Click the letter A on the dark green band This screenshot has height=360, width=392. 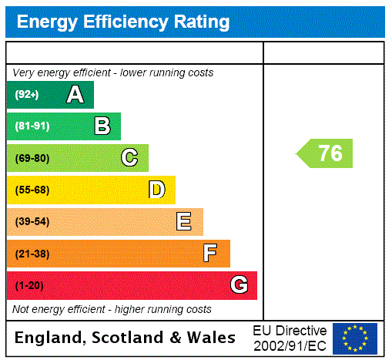[x=75, y=95]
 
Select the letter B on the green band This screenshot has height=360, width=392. [x=102, y=126]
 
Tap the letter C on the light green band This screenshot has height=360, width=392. [x=129, y=158]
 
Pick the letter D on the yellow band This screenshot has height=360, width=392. [x=156, y=190]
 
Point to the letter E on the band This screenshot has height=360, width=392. [x=184, y=222]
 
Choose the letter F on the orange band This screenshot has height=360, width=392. [x=210, y=254]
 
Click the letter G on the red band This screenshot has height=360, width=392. [x=239, y=286]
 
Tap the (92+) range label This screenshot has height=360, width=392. [x=27, y=95]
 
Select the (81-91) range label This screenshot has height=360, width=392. [x=32, y=126]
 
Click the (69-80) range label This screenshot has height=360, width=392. [x=32, y=158]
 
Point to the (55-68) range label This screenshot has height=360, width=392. [x=32, y=190]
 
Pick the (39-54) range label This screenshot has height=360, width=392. [x=32, y=222]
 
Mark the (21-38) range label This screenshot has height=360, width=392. [x=32, y=254]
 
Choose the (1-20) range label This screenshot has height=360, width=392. [x=29, y=286]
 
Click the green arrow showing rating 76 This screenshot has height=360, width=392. [x=326, y=153]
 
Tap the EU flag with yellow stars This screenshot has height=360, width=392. [x=355, y=338]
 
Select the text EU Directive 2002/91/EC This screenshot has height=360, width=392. [x=290, y=338]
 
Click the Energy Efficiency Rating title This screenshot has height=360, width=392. [x=123, y=22]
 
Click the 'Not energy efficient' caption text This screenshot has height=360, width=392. [x=112, y=309]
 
